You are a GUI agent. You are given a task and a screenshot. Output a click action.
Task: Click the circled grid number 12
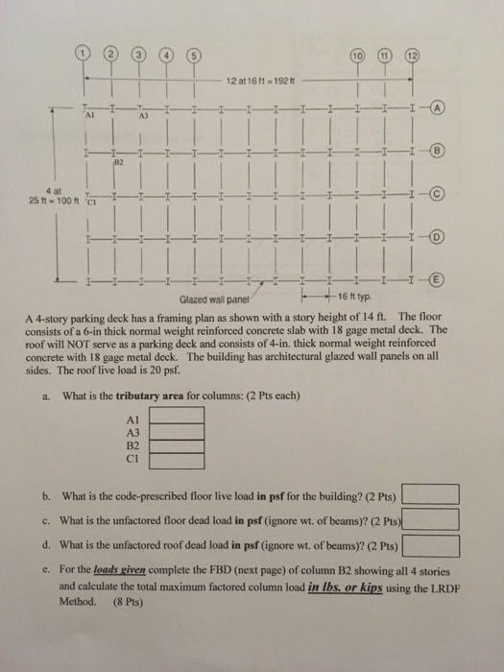tap(413, 53)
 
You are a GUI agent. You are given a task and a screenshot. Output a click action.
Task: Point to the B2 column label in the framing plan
tap(120, 164)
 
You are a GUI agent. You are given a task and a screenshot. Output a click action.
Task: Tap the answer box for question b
tap(431, 496)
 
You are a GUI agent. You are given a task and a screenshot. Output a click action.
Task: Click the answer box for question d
tap(431, 546)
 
